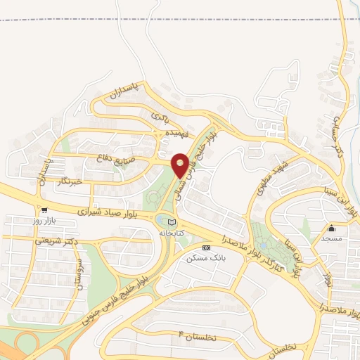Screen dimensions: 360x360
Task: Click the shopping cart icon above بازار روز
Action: (45, 210)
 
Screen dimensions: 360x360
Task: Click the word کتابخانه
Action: (171, 232)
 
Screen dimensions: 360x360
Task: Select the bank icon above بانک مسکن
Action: (206, 248)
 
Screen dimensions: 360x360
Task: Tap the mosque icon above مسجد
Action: (332, 228)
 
